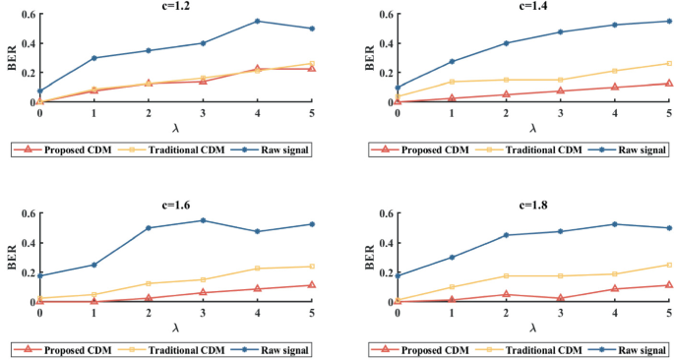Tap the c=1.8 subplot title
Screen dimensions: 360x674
532,206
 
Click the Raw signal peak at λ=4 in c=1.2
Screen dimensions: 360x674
258,21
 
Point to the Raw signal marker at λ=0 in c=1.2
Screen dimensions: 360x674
40,91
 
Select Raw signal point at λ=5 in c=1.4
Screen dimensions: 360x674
669,21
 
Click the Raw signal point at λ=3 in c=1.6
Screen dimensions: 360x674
204,220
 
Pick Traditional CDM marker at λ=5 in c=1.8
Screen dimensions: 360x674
669,265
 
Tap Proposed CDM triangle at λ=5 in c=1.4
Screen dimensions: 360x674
669,84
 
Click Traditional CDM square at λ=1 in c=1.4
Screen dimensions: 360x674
453,82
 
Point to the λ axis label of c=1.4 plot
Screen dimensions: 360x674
532,128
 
